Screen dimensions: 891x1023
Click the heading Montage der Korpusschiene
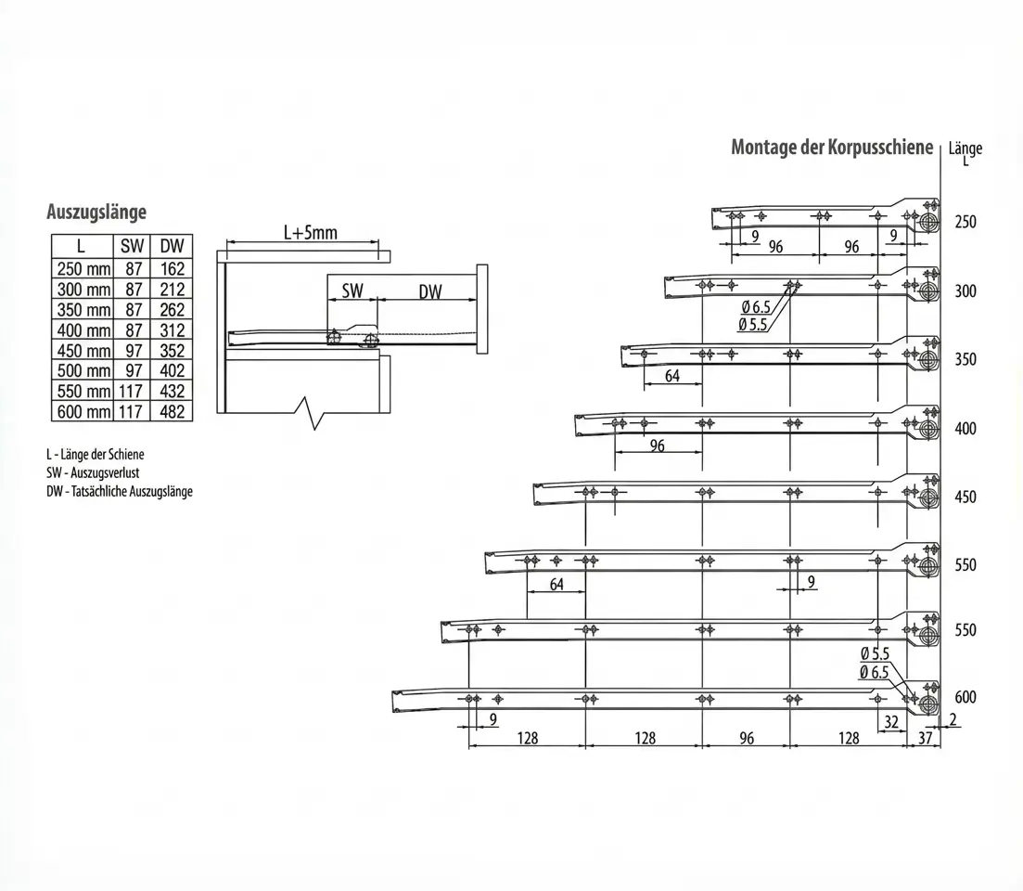pos(831,148)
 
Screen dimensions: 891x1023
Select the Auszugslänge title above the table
pos(96,213)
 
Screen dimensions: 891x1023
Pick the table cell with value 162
pos(172,268)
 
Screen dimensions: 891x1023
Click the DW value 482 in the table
pos(172,411)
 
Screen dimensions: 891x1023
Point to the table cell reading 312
pos(172,329)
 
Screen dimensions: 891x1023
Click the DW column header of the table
pos(172,247)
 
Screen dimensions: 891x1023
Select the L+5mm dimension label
pos(310,233)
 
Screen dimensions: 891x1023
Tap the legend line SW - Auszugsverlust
pos(93,472)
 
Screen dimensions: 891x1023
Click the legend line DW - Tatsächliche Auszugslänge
pos(120,491)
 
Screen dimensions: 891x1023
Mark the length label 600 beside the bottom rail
pos(965,698)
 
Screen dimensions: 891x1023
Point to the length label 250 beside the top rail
pos(965,223)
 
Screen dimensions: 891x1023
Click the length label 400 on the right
pos(965,429)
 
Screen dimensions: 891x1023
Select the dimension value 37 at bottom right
pos(924,738)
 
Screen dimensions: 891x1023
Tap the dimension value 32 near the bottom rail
pos(892,720)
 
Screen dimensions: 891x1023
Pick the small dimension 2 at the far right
pos(953,720)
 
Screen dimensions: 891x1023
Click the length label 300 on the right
pos(965,291)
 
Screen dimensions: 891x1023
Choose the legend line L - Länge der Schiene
pos(96,455)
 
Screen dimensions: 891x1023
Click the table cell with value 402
pos(172,370)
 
